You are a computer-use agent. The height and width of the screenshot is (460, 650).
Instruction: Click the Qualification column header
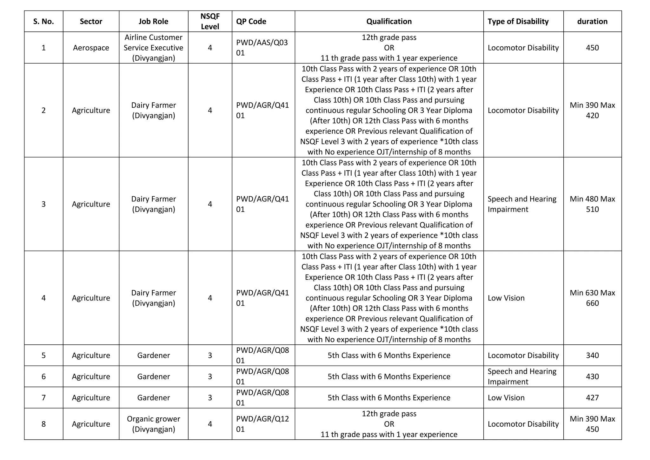point(389,21)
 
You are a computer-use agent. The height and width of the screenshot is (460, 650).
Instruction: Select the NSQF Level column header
point(210,21)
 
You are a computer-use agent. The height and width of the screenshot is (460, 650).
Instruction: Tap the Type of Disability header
point(518,21)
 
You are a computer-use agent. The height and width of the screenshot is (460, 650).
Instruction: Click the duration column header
point(592,21)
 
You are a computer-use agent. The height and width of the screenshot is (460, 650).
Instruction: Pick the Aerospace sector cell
point(91,48)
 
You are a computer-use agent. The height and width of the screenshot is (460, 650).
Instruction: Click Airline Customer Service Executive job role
point(153,48)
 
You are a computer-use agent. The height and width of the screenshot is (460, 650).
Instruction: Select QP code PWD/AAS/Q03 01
point(262,48)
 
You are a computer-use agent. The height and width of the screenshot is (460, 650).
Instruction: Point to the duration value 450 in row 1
point(592,48)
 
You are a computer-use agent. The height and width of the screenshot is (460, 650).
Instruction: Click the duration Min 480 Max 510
point(592,204)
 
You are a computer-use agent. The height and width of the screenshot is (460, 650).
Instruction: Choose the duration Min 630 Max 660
point(592,298)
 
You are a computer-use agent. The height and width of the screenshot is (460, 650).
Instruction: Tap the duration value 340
point(592,355)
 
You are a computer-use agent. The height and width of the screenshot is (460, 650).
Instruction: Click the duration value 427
point(592,397)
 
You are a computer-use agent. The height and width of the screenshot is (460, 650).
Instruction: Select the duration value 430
point(592,376)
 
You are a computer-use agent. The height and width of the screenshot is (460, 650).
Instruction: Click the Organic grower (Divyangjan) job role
point(153,424)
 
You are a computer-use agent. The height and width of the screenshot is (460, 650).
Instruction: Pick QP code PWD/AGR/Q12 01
point(262,424)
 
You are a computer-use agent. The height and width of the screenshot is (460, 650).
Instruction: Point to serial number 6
point(43,376)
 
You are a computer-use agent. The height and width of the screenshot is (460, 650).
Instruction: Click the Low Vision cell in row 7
point(506,397)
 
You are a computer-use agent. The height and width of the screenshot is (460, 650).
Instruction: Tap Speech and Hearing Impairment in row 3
point(522,204)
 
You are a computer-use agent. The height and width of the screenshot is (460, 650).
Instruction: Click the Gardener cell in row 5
point(153,355)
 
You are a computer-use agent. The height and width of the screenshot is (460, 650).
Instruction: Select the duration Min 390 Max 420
point(592,110)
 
